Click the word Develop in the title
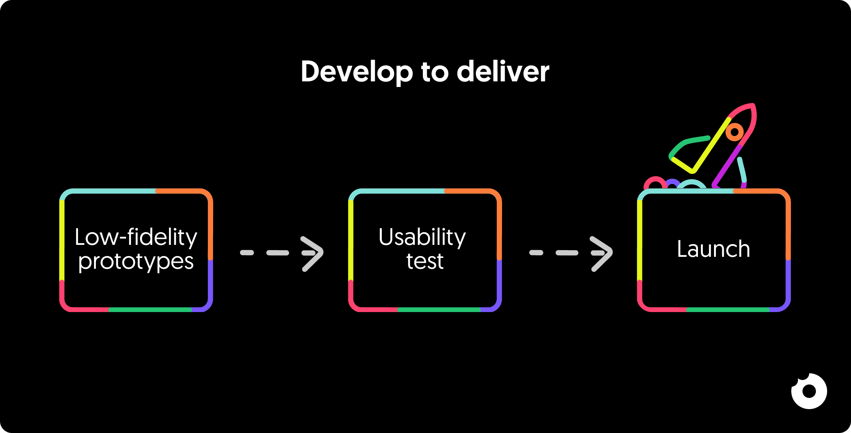click(x=356, y=72)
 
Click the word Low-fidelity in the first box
click(x=136, y=237)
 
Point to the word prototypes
click(x=136, y=262)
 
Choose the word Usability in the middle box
click(x=422, y=237)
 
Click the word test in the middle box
click(x=425, y=261)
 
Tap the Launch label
click(x=713, y=249)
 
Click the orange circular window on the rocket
click(x=735, y=132)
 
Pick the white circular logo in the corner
click(x=809, y=391)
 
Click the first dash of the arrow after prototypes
click(x=247, y=253)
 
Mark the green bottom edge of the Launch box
click(x=728, y=310)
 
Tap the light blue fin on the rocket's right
click(x=742, y=170)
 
